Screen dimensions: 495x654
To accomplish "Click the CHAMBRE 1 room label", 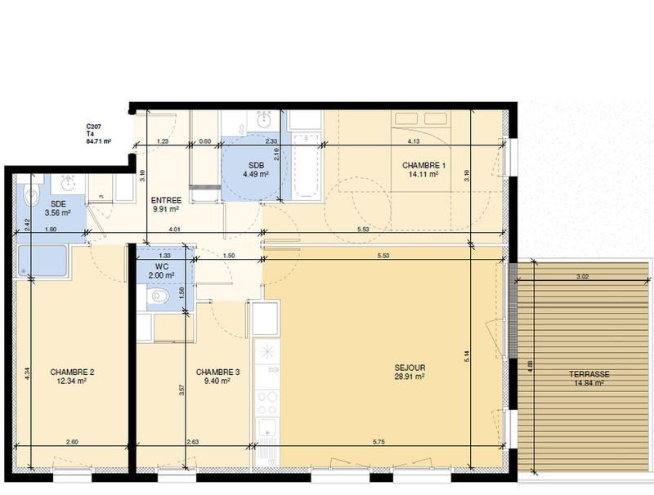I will (420, 165).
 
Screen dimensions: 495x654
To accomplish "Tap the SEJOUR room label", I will (409, 368).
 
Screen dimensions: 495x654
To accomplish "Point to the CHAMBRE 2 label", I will (72, 372).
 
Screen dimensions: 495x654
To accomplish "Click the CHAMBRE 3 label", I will (217, 372).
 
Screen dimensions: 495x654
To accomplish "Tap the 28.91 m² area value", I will (409, 377).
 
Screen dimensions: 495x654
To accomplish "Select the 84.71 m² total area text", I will (98, 141).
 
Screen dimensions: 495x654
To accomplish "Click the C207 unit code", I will (95, 127).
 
